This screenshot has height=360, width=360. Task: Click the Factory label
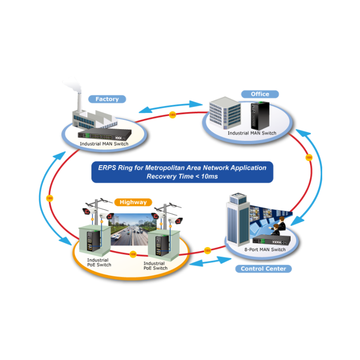[x=107, y=99]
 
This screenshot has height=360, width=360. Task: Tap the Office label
[x=260, y=94]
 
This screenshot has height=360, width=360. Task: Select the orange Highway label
[x=133, y=202]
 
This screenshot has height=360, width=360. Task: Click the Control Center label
[x=263, y=269]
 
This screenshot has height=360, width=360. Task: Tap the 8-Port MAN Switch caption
[x=265, y=250]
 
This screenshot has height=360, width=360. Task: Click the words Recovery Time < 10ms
[x=182, y=176]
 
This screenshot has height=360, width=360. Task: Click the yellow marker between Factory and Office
[x=172, y=115]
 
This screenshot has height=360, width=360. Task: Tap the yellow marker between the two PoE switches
[x=133, y=254]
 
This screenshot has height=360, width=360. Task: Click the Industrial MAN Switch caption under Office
[x=252, y=133]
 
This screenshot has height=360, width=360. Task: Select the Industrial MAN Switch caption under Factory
[x=104, y=144]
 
